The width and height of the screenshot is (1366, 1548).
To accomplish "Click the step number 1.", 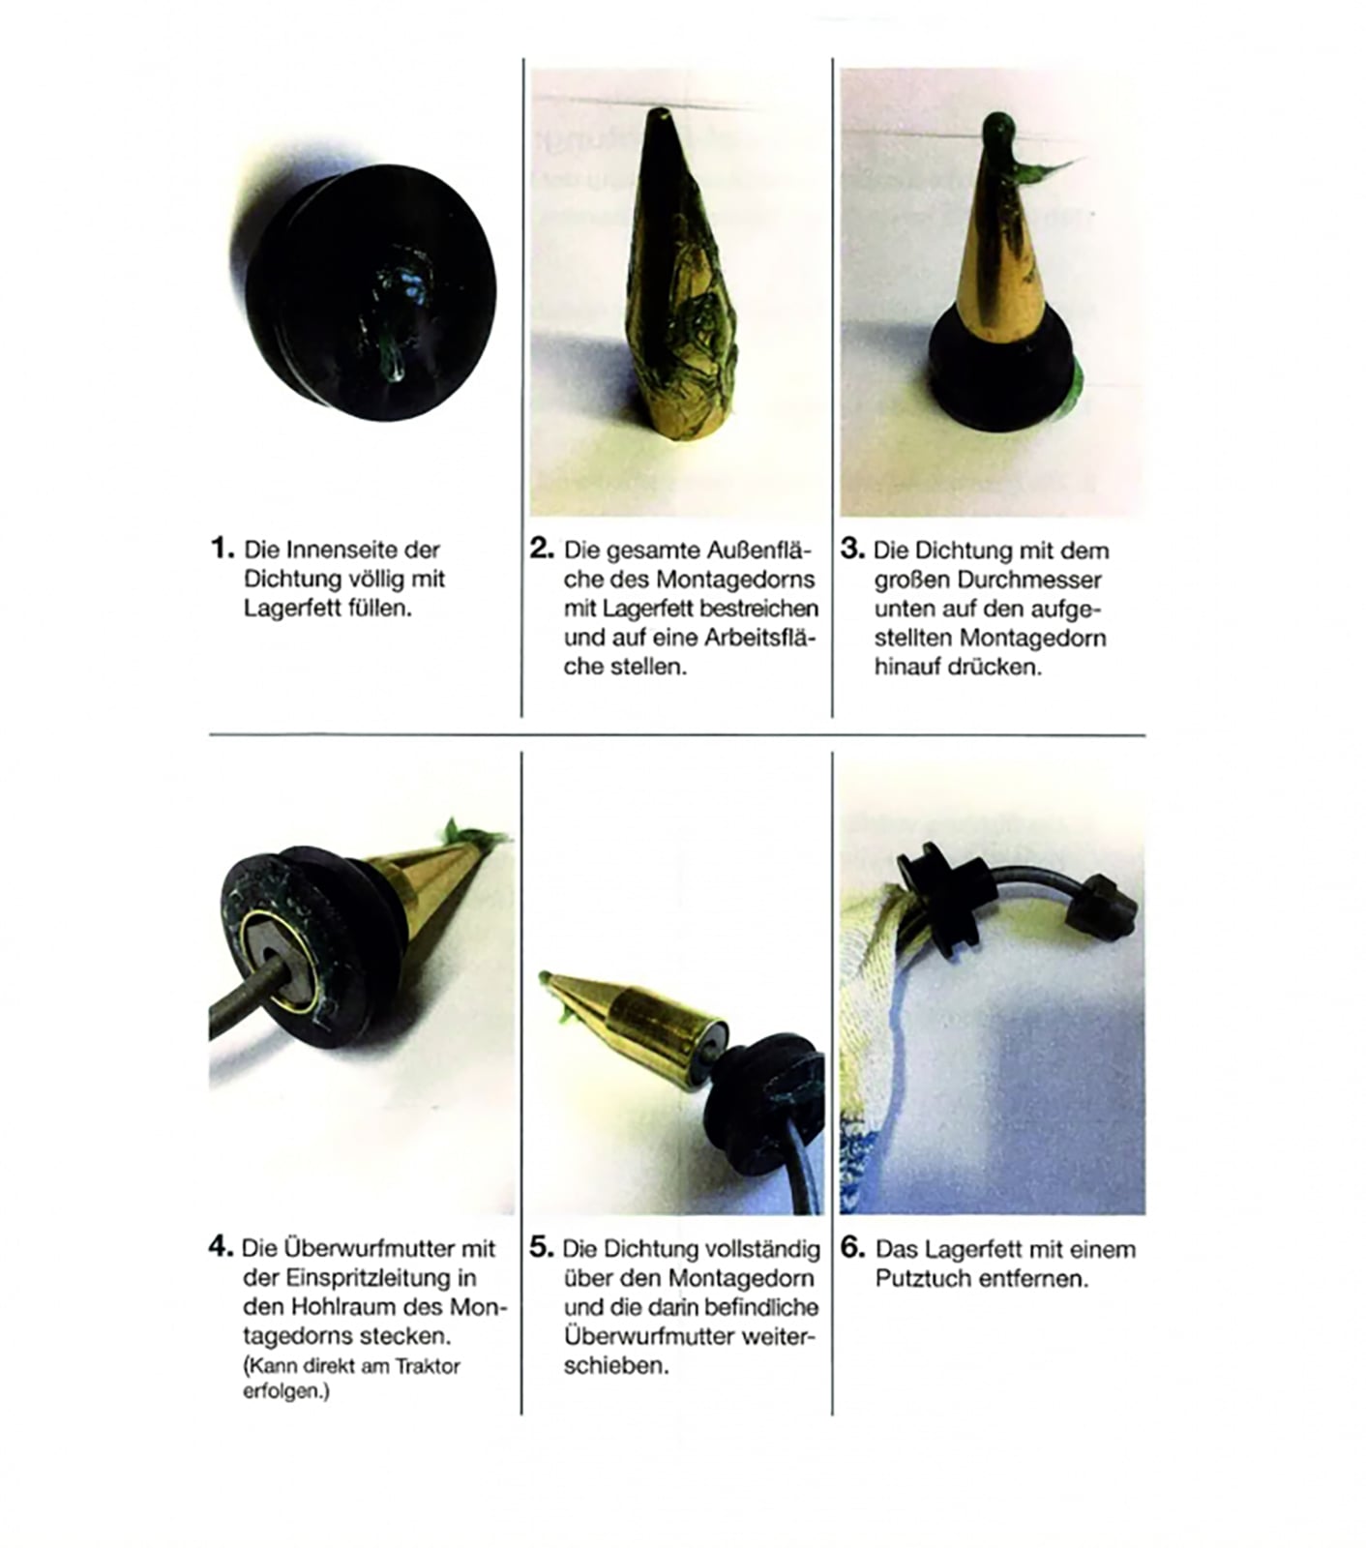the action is [x=222, y=549].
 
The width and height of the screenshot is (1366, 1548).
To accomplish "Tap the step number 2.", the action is [x=542, y=549].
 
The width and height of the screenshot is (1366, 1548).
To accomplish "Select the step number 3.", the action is [x=852, y=549].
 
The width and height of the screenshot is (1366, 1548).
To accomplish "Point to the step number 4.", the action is [x=221, y=1246].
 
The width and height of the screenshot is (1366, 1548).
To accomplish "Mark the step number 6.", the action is [x=852, y=1246].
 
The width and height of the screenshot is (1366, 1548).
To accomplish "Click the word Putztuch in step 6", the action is [x=922, y=1278].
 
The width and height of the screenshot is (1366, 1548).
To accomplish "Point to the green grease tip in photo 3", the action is [x=999, y=128].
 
